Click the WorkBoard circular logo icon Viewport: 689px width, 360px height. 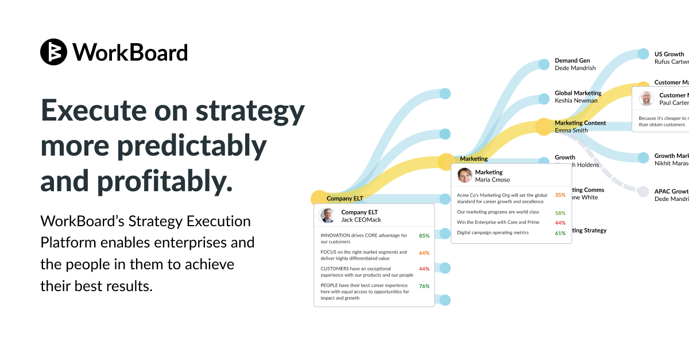[54, 52]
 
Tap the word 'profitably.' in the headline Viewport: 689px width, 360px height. [165, 181]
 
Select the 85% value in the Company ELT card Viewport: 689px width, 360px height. [424, 236]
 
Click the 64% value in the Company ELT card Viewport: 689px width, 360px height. [424, 253]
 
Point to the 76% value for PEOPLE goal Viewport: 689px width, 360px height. [424, 286]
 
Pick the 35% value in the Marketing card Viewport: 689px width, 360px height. [560, 195]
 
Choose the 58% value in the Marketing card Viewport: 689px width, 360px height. [560, 213]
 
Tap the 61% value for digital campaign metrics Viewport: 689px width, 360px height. [560, 233]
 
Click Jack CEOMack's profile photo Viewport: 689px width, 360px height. [328, 216]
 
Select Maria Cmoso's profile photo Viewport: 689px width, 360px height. [465, 175]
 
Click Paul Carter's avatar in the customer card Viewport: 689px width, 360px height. [647, 98]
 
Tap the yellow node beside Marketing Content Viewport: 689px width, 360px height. [543, 126]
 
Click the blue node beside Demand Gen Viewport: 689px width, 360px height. [544, 64]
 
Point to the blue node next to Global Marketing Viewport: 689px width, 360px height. [544, 97]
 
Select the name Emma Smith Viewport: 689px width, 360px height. [571, 130]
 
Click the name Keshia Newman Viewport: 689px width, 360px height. [576, 100]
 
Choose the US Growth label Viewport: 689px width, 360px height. [669, 55]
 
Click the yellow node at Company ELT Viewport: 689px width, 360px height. [319, 199]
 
